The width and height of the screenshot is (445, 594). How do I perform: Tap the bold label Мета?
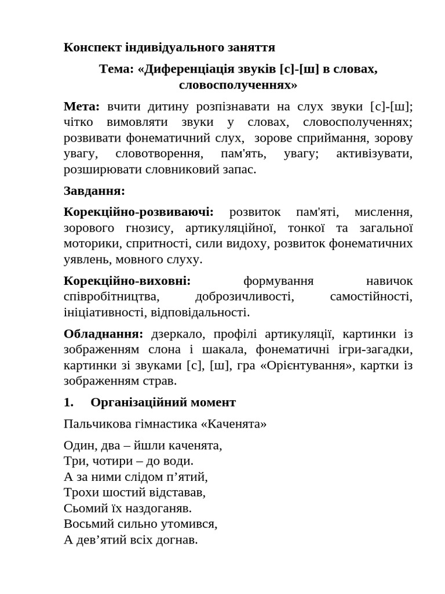[82, 106]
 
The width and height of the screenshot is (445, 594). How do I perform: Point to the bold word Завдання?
[94, 190]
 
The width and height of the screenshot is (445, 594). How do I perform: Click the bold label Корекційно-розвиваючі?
[138, 212]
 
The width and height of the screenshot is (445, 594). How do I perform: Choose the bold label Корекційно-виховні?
[127, 281]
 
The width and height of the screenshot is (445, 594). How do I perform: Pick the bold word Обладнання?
[103, 334]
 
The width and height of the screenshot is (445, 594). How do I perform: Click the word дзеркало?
[178, 334]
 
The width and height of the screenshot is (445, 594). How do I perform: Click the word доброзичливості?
[245, 296]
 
